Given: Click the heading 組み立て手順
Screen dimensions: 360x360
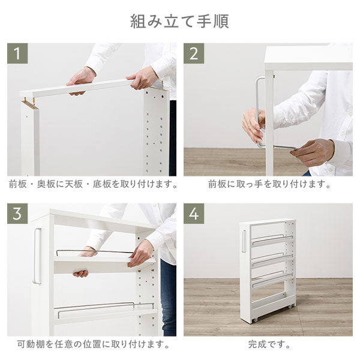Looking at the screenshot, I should [179, 21].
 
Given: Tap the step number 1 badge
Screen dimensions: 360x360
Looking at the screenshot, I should [18, 53].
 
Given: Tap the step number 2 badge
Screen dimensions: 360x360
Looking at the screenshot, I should [194, 53].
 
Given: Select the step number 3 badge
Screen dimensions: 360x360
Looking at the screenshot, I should [18, 214].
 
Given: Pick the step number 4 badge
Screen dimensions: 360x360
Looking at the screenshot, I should [194, 214].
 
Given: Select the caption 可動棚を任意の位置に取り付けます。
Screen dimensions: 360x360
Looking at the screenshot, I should [92, 344].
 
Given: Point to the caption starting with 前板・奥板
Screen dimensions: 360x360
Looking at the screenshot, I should [92, 184].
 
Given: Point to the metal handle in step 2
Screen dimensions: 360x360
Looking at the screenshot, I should [258, 108].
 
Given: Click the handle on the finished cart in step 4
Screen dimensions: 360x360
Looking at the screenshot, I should [244, 241].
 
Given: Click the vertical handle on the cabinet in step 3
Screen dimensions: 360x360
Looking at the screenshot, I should [37, 256].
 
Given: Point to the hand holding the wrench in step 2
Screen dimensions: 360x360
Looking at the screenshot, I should [315, 152].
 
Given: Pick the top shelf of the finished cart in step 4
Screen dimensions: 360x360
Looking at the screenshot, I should [272, 239].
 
